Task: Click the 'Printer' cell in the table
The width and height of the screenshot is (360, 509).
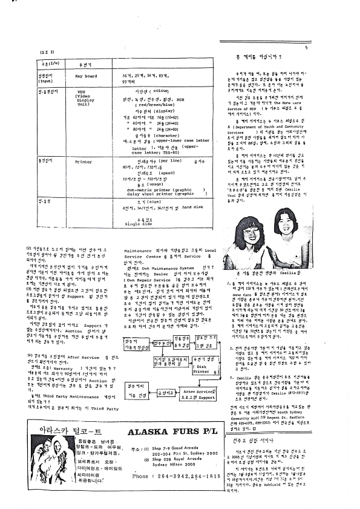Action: point(83,162)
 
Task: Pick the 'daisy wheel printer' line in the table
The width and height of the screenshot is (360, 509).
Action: point(142,194)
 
